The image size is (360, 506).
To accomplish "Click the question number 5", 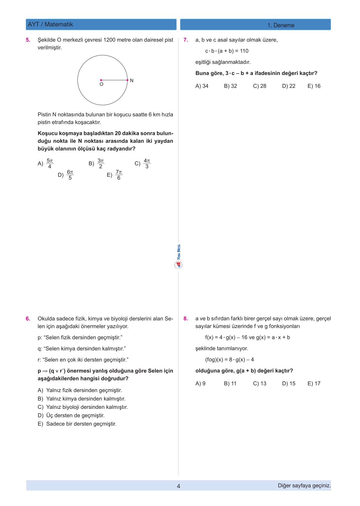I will [28, 40].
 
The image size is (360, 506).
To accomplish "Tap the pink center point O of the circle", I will [101, 80].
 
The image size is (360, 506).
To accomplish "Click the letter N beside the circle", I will [132, 80].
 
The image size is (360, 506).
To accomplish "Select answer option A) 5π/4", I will [46, 163].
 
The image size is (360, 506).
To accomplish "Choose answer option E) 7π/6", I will [115, 175].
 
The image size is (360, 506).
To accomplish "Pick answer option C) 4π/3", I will [142, 163].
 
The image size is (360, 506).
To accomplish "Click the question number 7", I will [186, 40].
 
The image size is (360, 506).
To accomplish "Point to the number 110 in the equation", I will [244, 51].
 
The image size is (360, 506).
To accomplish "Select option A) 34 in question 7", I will [202, 86].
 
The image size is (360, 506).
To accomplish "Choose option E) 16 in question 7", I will [314, 86].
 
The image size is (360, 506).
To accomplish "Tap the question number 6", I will [28, 319].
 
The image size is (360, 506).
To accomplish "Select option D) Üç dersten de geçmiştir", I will [71, 416].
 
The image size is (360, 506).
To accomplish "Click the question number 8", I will [186, 319].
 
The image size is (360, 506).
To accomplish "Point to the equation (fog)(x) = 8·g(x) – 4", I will [229, 360].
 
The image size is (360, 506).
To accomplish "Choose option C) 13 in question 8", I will [260, 383].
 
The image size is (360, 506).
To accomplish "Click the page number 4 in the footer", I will [178, 486].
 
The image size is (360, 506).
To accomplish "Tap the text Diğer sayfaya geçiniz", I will [304, 485].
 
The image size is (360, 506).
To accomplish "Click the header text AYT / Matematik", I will [51, 25].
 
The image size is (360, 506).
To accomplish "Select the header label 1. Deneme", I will [281, 25].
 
